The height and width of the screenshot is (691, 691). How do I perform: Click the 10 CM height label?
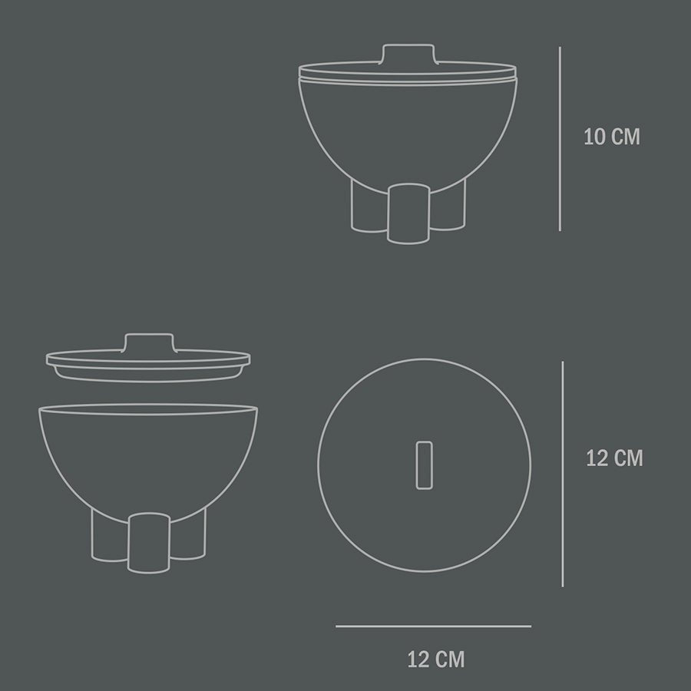pos(611,137)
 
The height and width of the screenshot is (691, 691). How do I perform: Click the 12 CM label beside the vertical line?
pos(613,458)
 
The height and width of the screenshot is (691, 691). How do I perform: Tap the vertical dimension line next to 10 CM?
pos(560,138)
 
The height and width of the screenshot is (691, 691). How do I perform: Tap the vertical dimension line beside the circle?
pos(563,474)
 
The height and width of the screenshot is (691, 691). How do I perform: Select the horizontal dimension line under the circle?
pos(433,627)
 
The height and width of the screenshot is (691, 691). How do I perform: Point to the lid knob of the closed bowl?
pos(408,55)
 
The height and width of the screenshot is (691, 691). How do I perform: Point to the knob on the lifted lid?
pos(148,343)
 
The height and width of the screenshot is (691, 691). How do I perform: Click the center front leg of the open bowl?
pos(147,543)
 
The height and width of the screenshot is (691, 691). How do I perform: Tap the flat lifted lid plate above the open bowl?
pos(148,361)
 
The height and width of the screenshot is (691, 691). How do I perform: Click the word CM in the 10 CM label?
pos(625,137)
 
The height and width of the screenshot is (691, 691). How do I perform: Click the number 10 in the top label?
pos(594,137)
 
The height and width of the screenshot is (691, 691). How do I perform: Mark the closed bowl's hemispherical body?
pos(407,131)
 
